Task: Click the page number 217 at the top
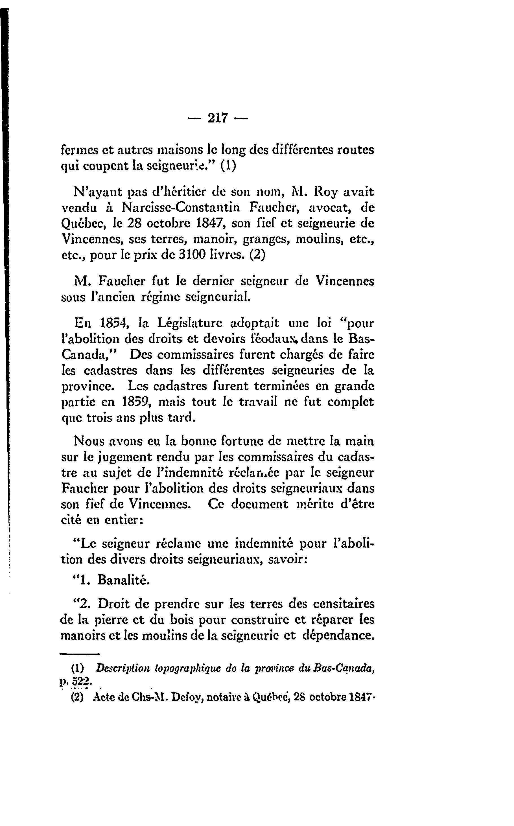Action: [218, 118]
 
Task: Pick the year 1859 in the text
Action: [135, 402]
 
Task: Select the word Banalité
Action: [123, 580]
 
